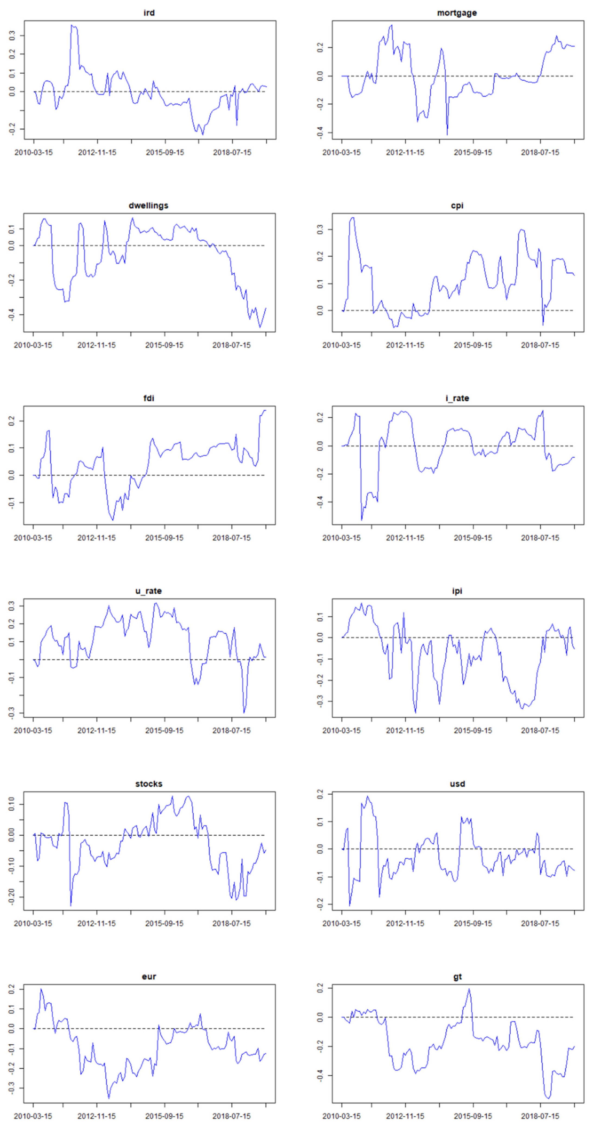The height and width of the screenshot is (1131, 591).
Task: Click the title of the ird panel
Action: click(x=149, y=13)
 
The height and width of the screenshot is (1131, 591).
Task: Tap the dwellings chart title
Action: click(x=148, y=205)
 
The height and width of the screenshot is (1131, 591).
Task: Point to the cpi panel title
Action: click(x=457, y=205)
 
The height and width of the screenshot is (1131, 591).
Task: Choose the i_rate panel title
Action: click(x=457, y=398)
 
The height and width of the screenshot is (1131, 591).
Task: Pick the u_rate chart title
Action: click(x=148, y=591)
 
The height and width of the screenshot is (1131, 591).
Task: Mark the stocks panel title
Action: click(x=148, y=784)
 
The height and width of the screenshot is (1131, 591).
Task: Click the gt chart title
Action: click(x=457, y=976)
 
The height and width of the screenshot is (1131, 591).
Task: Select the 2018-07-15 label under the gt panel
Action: click(x=540, y=1116)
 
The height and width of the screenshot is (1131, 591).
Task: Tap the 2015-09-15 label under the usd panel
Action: click(x=473, y=923)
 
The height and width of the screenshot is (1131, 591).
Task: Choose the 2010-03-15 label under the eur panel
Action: click(x=33, y=1116)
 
